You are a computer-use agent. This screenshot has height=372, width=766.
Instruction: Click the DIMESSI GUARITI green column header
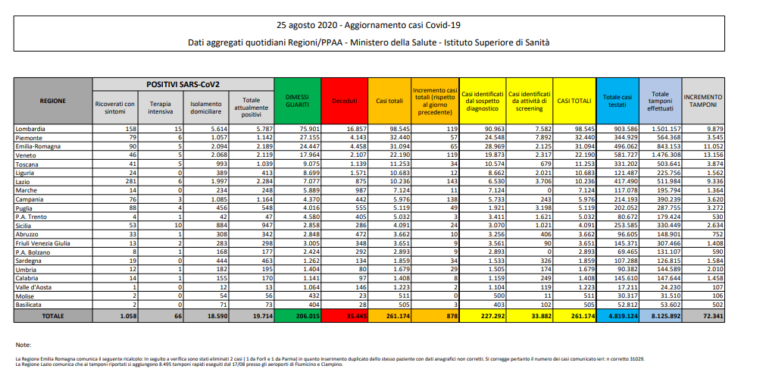pyautogui.click(x=296, y=100)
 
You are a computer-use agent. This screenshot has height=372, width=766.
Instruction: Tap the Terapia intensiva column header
pyautogui.click(x=158, y=107)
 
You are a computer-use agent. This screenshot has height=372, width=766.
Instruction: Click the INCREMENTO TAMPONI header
pyautogui.click(x=702, y=100)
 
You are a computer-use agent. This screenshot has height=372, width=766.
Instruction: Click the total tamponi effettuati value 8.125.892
pyautogui.click(x=660, y=314)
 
